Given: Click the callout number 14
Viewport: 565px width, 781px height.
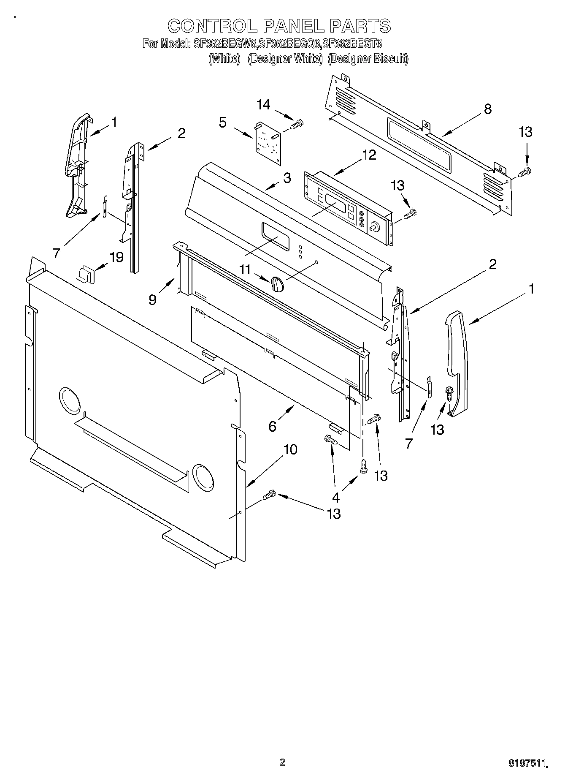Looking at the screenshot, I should [263, 105].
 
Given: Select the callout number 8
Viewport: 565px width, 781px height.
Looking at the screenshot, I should [487, 109].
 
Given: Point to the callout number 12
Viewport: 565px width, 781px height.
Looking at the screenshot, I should [369, 155].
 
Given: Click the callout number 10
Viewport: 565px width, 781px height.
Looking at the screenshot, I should [290, 449].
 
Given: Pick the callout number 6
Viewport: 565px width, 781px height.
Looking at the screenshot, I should [272, 426].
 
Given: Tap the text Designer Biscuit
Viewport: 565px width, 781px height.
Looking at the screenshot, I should [368, 59].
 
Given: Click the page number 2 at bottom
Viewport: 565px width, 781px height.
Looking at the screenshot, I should [282, 762].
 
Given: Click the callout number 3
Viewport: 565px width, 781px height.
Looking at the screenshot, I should [287, 178].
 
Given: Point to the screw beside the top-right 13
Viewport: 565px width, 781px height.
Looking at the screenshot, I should [524, 172].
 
